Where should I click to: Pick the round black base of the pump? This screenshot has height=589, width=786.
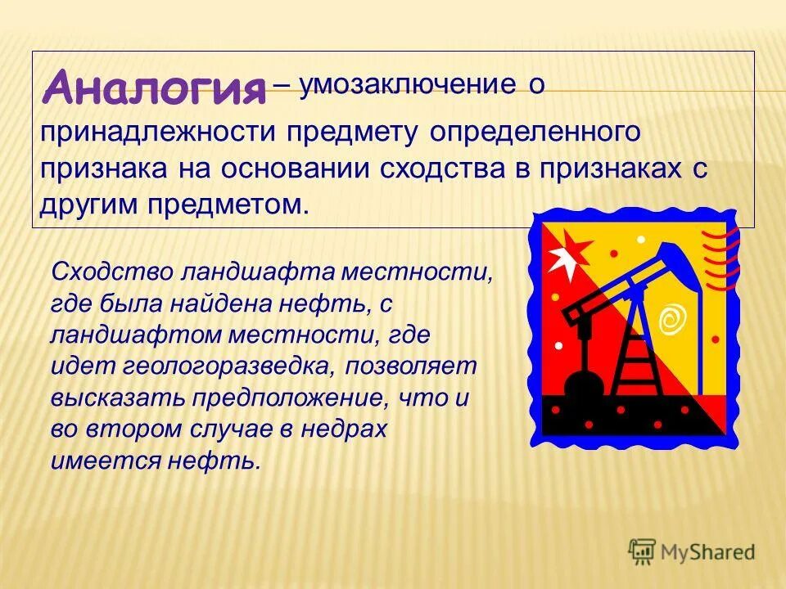[x=584, y=382]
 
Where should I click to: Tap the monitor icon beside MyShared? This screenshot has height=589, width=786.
[x=642, y=551]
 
